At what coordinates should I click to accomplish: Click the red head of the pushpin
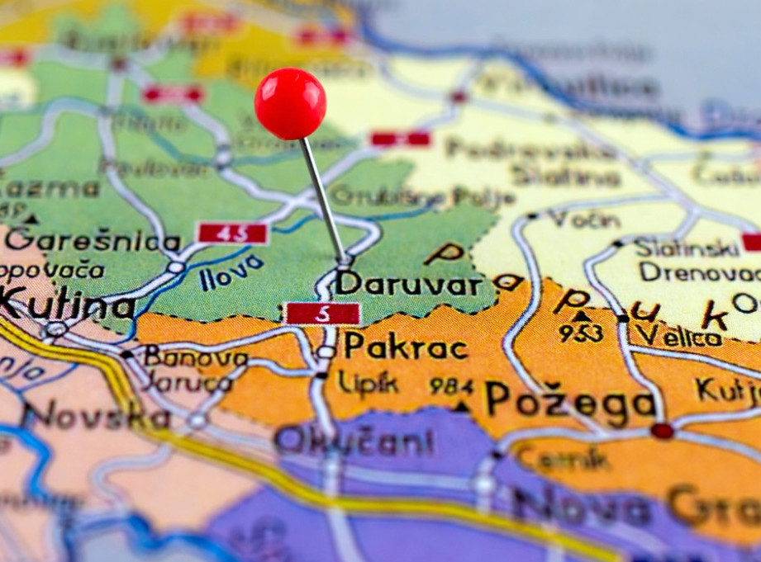coord(290,103)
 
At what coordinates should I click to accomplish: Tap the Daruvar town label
coord(408,284)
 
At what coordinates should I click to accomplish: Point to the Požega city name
coord(570,399)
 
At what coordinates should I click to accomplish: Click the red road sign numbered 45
coord(233,234)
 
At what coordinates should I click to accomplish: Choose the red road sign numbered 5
coord(322,314)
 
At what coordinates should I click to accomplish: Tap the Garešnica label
coord(93,240)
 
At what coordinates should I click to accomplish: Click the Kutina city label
coord(66,305)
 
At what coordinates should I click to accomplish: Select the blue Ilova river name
coord(231,272)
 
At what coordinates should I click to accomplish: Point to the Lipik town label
coord(368,383)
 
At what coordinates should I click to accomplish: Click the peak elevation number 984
coord(451,385)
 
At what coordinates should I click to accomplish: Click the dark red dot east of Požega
coord(662,430)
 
